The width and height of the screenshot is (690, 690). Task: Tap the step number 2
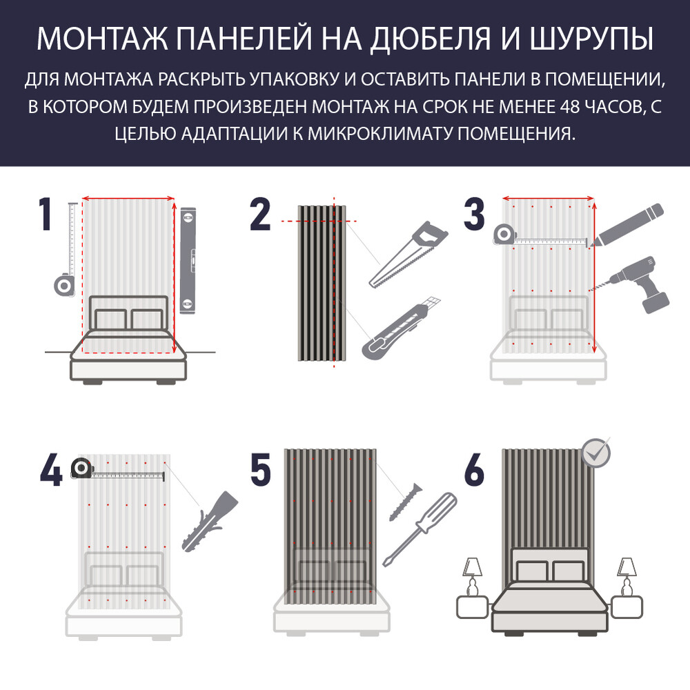coord(260,215)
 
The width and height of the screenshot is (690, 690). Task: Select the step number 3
coord(474,215)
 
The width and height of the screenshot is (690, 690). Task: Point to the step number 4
coord(51,471)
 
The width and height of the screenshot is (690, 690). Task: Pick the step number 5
coord(261,471)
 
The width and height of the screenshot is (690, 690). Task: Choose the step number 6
coord(475,471)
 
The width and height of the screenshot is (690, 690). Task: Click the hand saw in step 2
coord(408,255)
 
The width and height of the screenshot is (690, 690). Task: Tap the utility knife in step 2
coord(401,326)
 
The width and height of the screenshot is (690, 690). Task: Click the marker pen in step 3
coord(627,225)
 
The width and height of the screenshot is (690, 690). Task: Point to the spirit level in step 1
coord(188,260)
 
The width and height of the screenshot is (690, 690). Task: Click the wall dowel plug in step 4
coord(210,522)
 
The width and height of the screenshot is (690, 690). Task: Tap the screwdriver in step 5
coord(420,529)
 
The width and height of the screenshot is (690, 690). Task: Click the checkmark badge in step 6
coord(596,453)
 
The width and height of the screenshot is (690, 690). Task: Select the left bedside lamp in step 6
coord(472,577)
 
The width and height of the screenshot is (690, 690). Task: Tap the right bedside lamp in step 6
coord(627,577)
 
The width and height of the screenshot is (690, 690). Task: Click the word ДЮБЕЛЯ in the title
coord(431,39)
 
